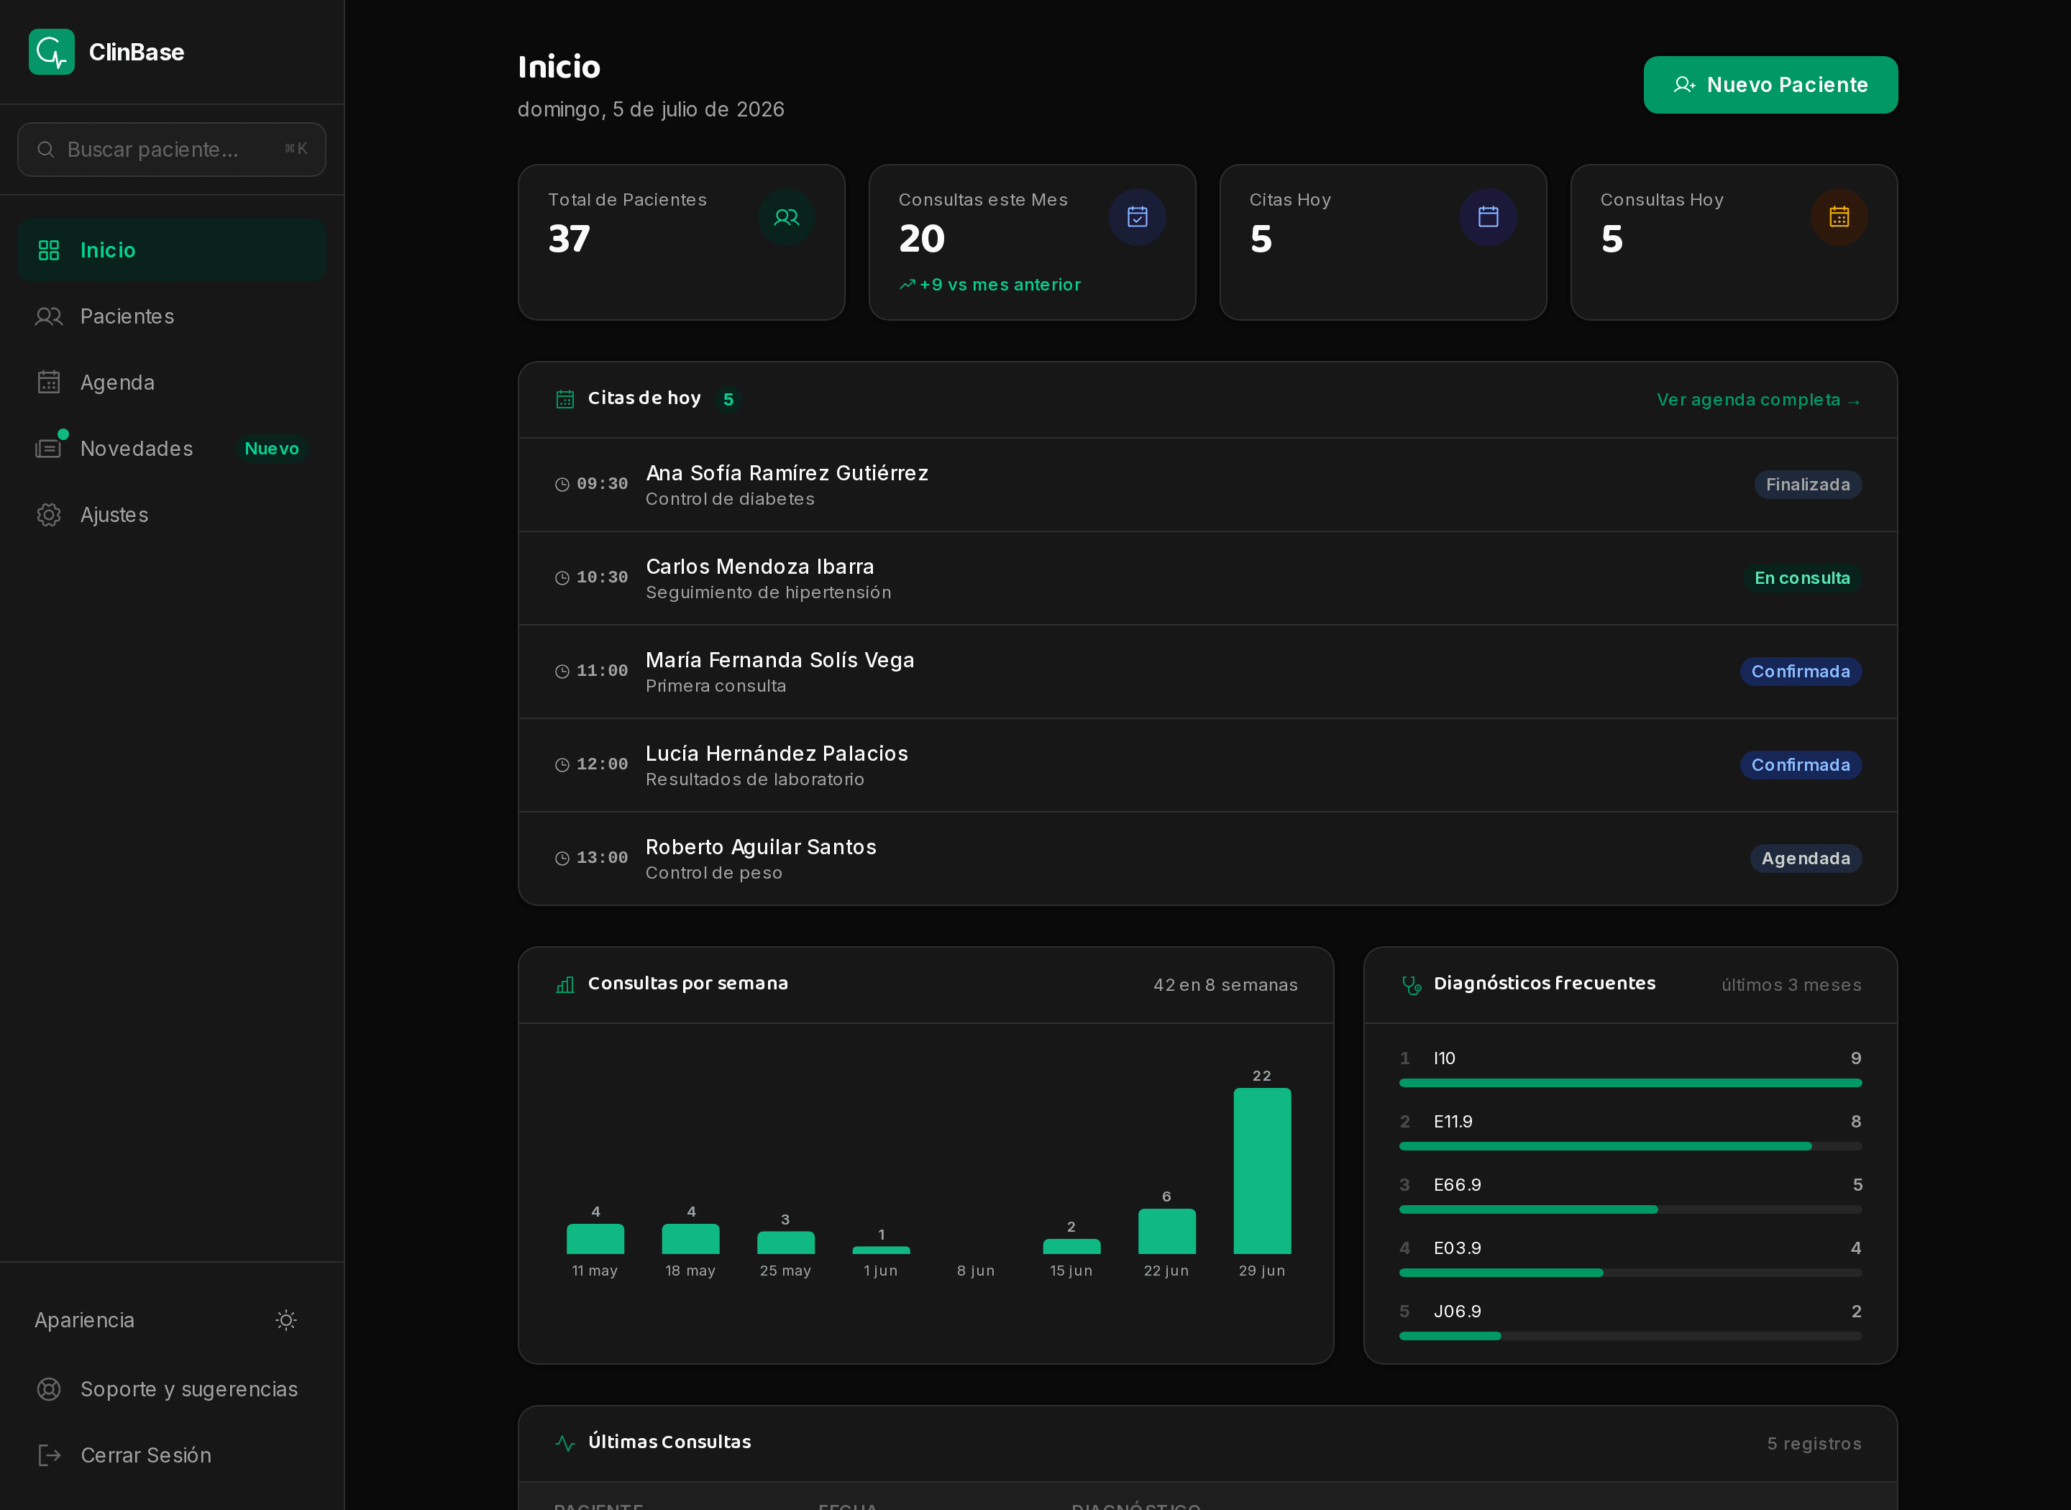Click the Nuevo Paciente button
point(1770,85)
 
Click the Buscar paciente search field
point(172,149)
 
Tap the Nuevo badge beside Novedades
point(271,449)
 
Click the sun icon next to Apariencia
point(286,1320)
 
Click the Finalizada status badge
point(1808,485)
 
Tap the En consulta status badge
point(1802,577)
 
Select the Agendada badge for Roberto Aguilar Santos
point(1806,859)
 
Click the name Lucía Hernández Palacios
point(777,753)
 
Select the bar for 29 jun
point(1262,1171)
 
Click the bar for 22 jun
point(1167,1231)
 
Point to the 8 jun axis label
point(976,1271)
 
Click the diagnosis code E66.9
point(1458,1184)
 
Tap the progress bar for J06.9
point(1630,1336)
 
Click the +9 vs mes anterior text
point(1000,284)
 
